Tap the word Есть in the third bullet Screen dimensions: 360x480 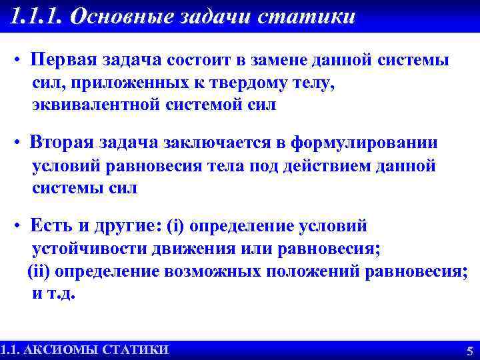pos(50,225)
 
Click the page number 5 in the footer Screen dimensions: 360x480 pos(469,351)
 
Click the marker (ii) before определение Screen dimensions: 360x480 pos(39,271)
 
